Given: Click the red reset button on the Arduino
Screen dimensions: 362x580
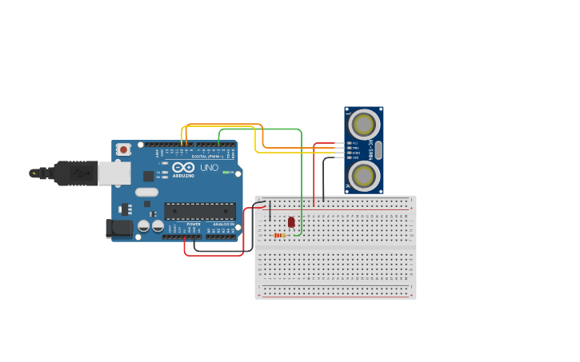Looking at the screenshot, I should (123, 149).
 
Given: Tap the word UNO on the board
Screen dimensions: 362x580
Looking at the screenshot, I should (208, 168).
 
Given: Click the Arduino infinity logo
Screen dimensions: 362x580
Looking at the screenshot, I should (183, 168).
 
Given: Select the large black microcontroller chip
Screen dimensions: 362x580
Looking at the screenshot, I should (200, 211).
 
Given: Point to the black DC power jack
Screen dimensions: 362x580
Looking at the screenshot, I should (119, 229).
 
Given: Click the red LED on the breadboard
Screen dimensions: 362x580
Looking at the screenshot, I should (291, 222).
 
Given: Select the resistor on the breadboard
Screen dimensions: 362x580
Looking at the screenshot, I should (279, 235).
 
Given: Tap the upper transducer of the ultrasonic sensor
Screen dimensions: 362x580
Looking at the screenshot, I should (364, 125).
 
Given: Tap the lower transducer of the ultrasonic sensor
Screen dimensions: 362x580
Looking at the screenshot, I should (364, 176).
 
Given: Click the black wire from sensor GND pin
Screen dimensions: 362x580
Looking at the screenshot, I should (324, 176).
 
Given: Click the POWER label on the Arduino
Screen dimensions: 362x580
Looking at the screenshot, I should (194, 225).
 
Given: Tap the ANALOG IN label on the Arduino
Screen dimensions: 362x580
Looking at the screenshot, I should (223, 225).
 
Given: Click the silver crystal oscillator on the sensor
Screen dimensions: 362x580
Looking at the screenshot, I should (378, 150).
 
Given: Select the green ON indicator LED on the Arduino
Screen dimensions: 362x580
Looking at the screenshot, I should (226, 172).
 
